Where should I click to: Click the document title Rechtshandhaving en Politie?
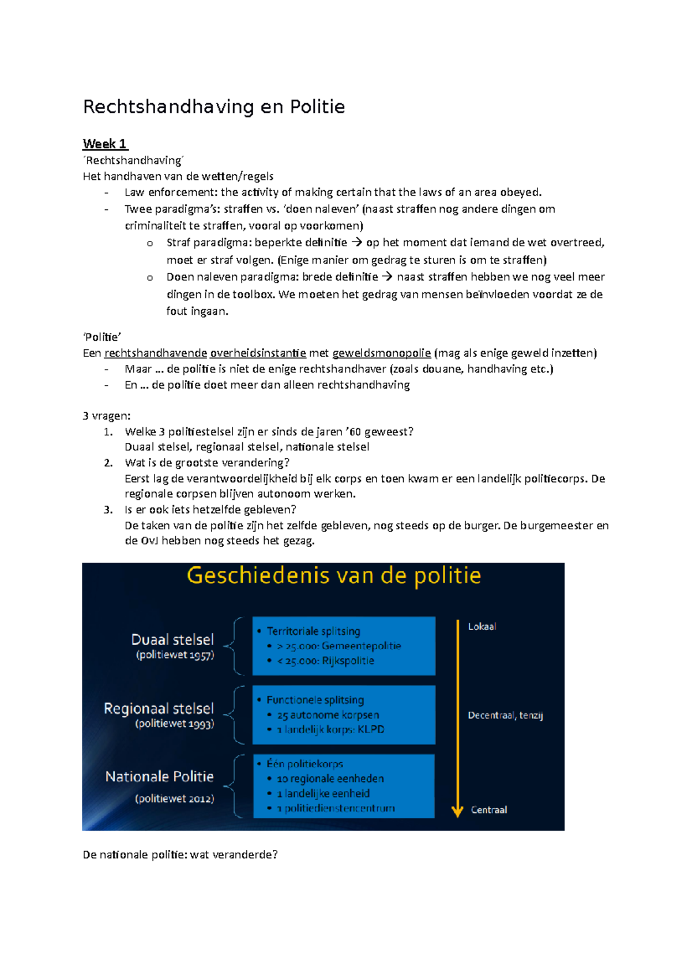(x=214, y=107)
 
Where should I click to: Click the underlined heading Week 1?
(x=105, y=144)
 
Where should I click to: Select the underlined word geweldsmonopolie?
(x=382, y=353)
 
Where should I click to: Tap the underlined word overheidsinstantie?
(x=258, y=353)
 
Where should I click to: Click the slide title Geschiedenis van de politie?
(x=333, y=576)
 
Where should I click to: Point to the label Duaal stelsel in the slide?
(x=172, y=639)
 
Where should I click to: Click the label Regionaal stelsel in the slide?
(x=159, y=708)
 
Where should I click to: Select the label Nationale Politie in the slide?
(x=159, y=777)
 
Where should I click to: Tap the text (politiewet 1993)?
(x=174, y=724)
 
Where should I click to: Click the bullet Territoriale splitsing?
(x=313, y=631)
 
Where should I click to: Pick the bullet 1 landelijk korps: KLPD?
(x=330, y=729)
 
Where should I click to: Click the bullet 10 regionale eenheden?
(x=330, y=778)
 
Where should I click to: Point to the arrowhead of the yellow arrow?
(x=457, y=812)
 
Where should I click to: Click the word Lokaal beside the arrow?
(x=482, y=627)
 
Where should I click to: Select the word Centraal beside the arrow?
(x=488, y=809)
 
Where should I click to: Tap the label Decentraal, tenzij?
(x=505, y=715)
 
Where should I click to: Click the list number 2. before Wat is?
(x=108, y=462)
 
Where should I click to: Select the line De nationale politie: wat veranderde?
(x=180, y=854)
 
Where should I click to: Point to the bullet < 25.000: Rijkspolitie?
(x=325, y=661)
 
